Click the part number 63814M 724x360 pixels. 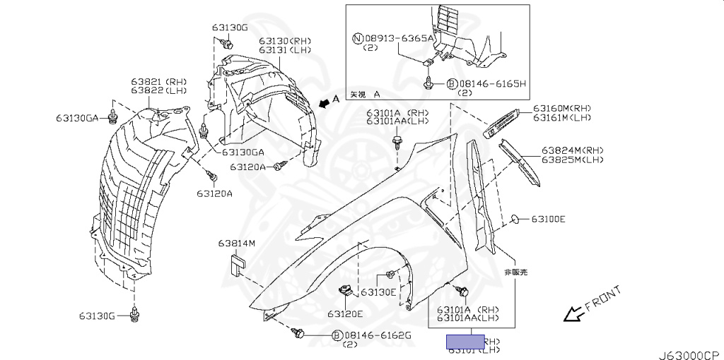pos(236,244)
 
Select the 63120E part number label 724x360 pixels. pos(344,313)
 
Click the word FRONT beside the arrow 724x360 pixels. pos(604,299)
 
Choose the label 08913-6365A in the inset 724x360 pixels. pos(400,38)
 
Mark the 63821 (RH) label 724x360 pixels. pos(158,82)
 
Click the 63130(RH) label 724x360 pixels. pos(284,40)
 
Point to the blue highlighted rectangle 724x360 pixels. pos(465,342)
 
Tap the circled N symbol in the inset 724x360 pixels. pos(359,38)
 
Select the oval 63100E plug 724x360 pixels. pos(516,219)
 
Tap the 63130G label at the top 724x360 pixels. pos(229,28)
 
